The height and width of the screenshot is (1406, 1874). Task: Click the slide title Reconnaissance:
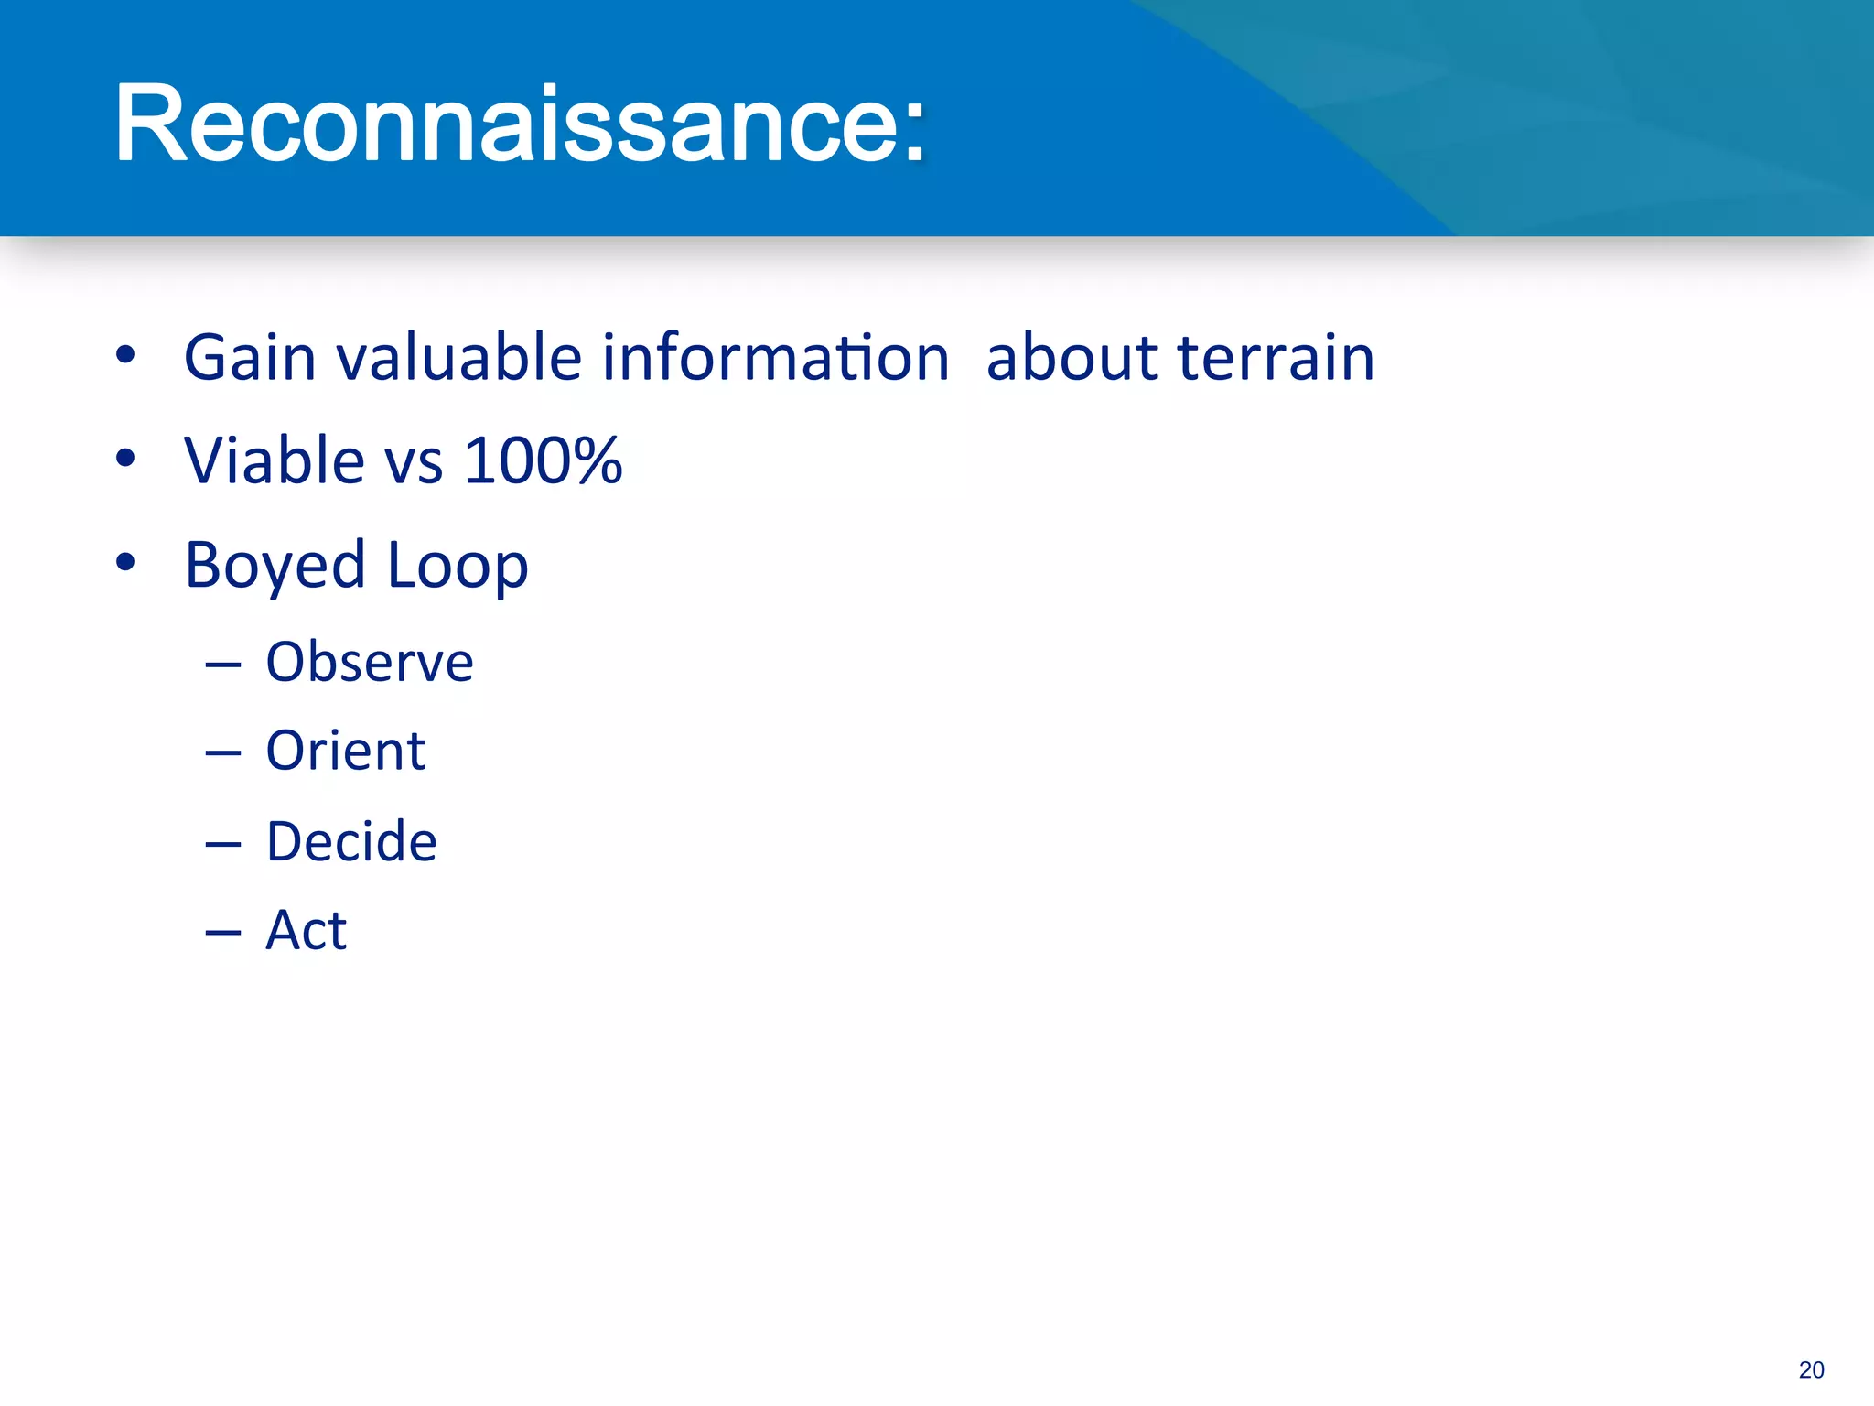coord(520,124)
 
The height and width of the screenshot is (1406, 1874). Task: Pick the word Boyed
coord(275,566)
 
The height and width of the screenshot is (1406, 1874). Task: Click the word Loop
coord(458,566)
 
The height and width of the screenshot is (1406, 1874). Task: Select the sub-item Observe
coord(370,662)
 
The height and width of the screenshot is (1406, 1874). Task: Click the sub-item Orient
coord(346,752)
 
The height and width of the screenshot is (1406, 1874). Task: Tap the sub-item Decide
coord(351,841)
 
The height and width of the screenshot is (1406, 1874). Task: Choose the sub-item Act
coord(306,931)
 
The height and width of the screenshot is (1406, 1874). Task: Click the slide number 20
coord(1811,1369)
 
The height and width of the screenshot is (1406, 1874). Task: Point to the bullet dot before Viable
coord(126,458)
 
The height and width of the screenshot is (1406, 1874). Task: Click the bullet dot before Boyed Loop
coord(126,562)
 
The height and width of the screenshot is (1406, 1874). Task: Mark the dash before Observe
coord(223,665)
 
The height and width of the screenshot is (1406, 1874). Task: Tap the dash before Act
coord(223,934)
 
